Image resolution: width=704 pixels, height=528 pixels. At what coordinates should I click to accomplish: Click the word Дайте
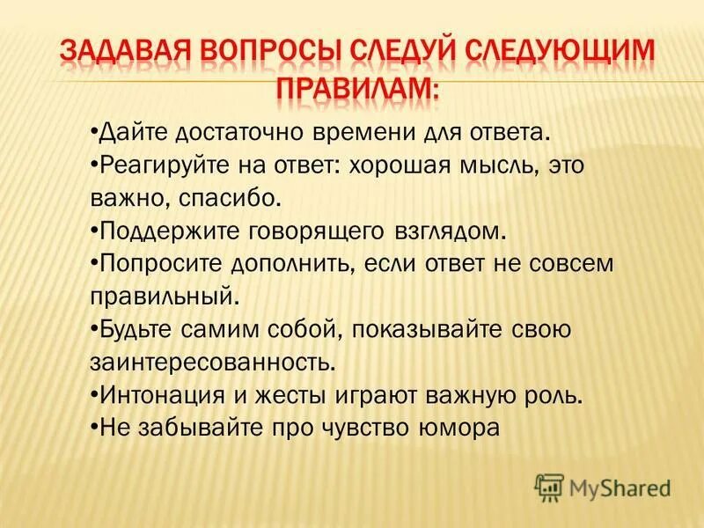tap(133, 131)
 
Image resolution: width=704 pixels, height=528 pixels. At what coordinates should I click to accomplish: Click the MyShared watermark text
tap(620, 486)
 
